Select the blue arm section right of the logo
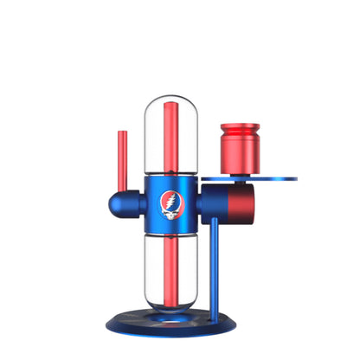216,203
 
